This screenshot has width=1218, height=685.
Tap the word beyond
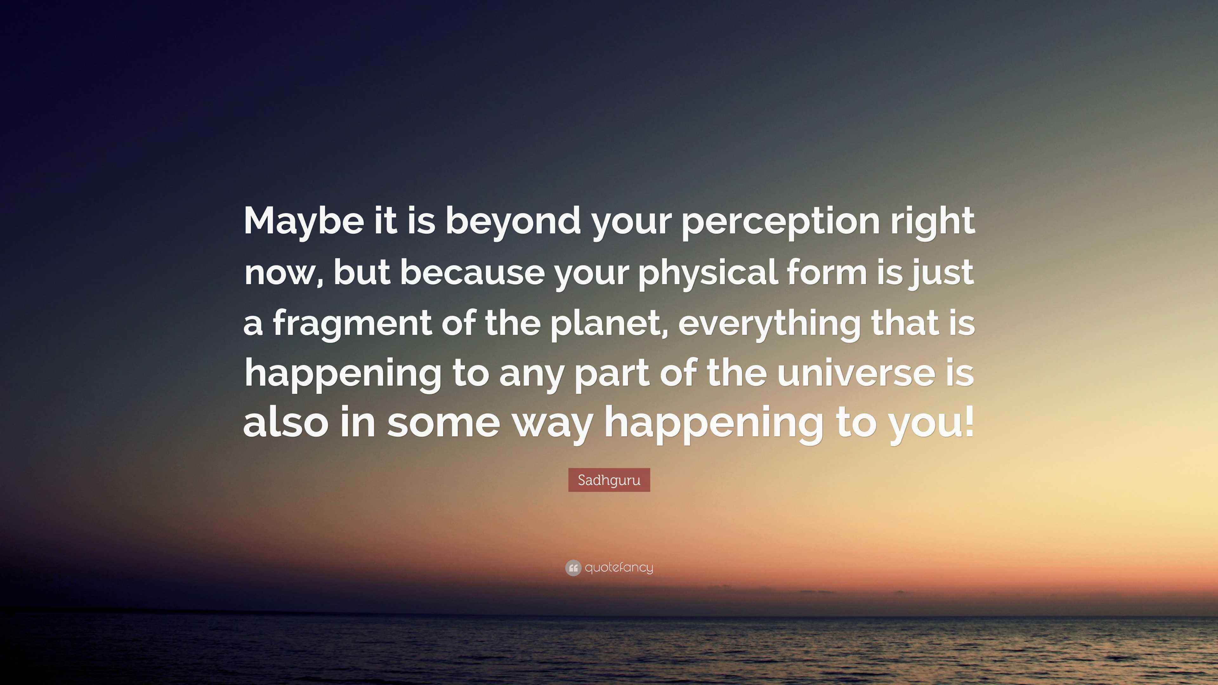click(x=513, y=223)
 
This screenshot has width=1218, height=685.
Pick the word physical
click(x=707, y=274)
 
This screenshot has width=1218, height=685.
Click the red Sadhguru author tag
click(x=609, y=480)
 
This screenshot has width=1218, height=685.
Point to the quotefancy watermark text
click(x=619, y=568)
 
